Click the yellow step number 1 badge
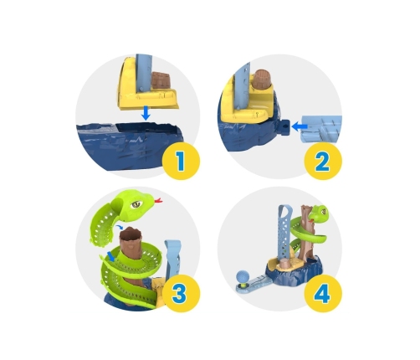click(x=181, y=161)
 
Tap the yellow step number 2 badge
click(x=323, y=161)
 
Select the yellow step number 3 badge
click(x=181, y=293)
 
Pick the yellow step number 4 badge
click(x=323, y=293)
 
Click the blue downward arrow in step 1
click(x=146, y=113)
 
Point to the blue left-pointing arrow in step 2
click(x=300, y=127)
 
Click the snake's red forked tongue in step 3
click(x=158, y=200)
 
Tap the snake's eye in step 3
click(x=136, y=204)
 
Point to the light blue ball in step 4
click(x=242, y=277)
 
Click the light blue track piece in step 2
click(x=321, y=129)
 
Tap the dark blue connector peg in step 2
click(x=285, y=127)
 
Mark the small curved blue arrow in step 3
click(x=120, y=227)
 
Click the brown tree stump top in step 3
click(x=130, y=234)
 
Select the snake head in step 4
click(x=319, y=213)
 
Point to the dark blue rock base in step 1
click(x=129, y=146)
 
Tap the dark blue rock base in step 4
click(x=293, y=274)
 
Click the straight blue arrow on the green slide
click(x=111, y=256)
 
